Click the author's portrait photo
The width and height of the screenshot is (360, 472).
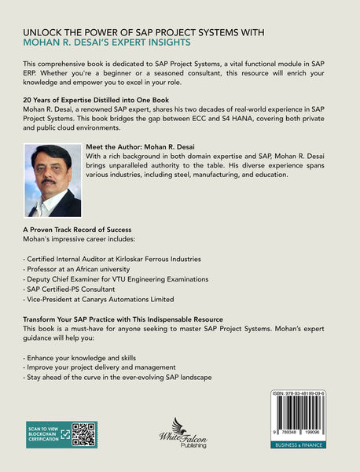coord(53,180)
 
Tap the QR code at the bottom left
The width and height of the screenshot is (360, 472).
coord(83,434)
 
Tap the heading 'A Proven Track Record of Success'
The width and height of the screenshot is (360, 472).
coord(77,229)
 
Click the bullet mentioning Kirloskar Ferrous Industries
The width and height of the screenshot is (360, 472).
coord(113,258)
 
